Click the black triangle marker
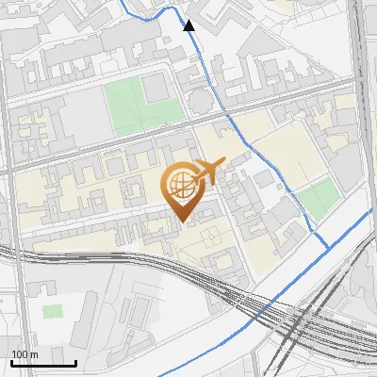pyautogui.click(x=188, y=25)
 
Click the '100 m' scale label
pyautogui.click(x=25, y=354)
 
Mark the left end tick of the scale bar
pyautogui.click(x=11, y=362)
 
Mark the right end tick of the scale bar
pyautogui.click(x=75, y=362)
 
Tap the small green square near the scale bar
pyautogui.click(x=53, y=310)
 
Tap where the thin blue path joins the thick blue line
pyautogui.click(x=328, y=247)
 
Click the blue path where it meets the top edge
pyautogui.click(x=128, y=2)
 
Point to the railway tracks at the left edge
pyautogui.click(x=3, y=252)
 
